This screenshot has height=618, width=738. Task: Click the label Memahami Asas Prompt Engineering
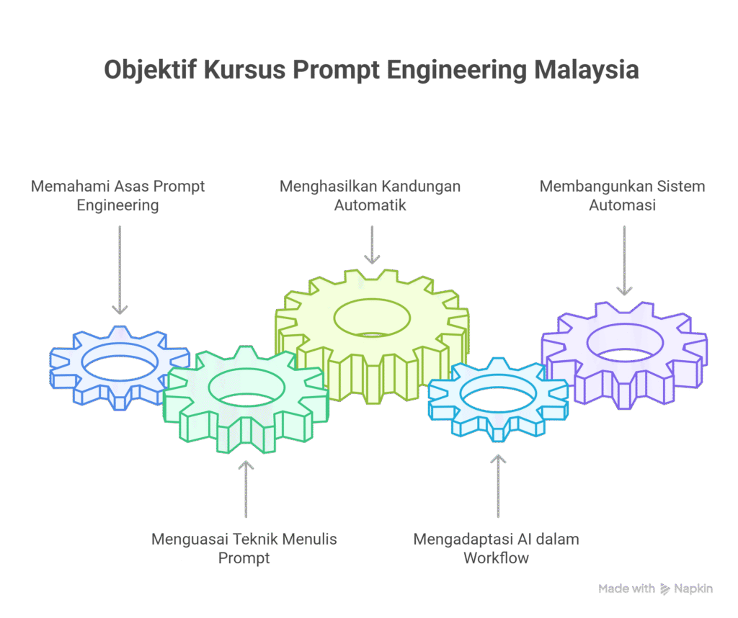click(117, 196)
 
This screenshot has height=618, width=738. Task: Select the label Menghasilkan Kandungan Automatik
click(370, 196)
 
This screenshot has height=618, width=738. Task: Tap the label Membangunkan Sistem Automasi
click(623, 196)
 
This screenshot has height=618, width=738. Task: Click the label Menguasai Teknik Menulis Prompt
click(244, 548)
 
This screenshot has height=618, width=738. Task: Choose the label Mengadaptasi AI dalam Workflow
click(496, 548)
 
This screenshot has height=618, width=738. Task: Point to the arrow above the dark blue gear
click(120, 270)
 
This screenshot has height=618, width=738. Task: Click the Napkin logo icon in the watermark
click(664, 589)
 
